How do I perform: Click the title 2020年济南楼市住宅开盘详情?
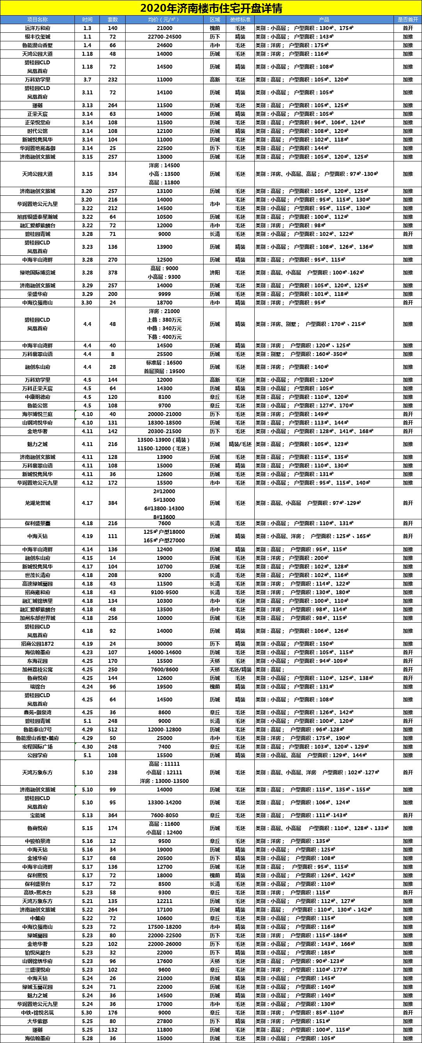click(211, 8)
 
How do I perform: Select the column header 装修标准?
click(240, 19)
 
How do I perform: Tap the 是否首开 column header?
click(408, 19)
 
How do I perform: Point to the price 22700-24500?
click(165, 37)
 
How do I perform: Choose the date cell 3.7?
click(87, 80)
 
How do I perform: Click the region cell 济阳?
click(215, 273)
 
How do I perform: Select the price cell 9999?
click(165, 294)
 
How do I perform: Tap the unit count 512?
click(113, 730)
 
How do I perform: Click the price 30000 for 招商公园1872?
click(165, 644)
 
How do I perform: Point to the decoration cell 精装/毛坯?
click(240, 444)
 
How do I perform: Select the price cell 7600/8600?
click(165, 670)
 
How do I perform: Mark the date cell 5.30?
click(87, 1013)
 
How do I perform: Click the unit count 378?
click(113, 273)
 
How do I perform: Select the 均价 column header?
click(165, 19)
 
